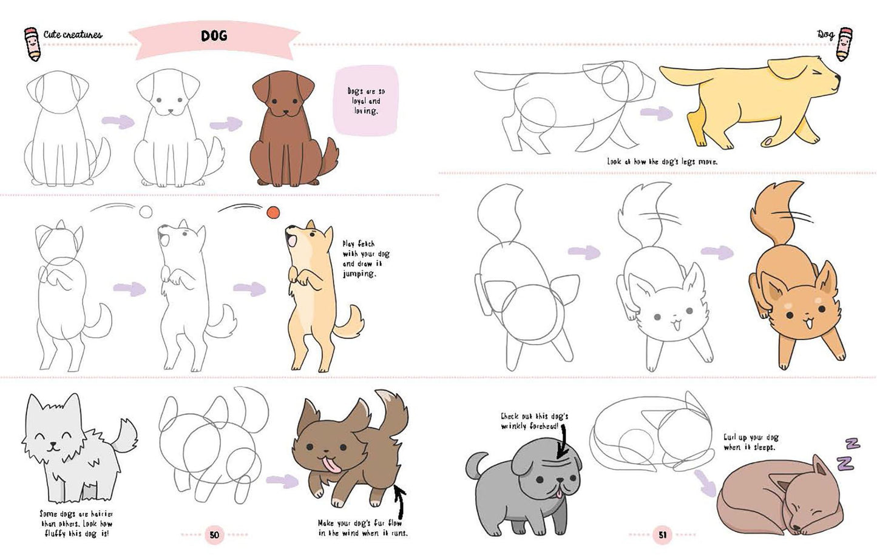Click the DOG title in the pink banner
pyautogui.click(x=214, y=36)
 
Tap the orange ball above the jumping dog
pyautogui.click(x=273, y=212)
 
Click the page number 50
pyautogui.click(x=214, y=535)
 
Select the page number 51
pyautogui.click(x=662, y=535)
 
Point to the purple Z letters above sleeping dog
pyautogui.click(x=847, y=455)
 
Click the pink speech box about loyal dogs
pyautogui.click(x=366, y=101)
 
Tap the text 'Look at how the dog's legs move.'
pyautogui.click(x=662, y=161)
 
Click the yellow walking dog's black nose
pyautogui.click(x=838, y=78)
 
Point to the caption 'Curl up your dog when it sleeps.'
pyautogui.click(x=751, y=442)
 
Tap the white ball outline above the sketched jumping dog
pyautogui.click(x=146, y=212)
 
